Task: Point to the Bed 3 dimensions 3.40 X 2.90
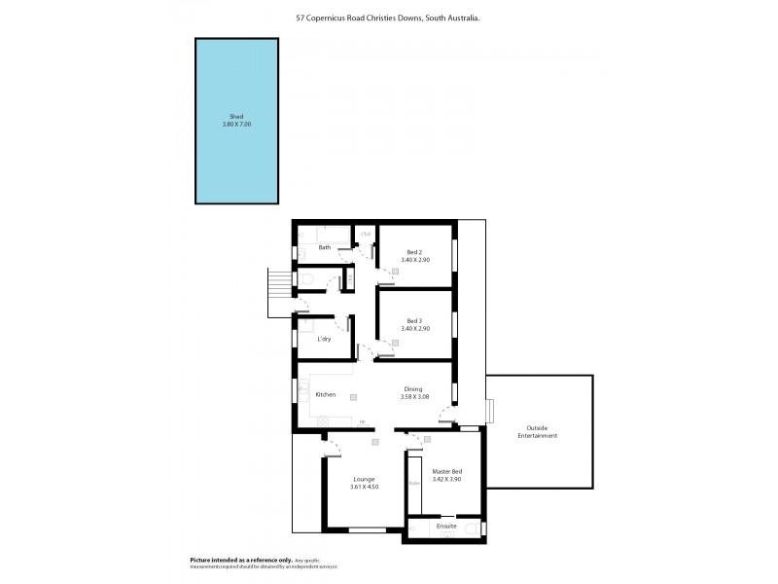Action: pyautogui.click(x=414, y=329)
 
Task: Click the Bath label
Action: pyautogui.click(x=324, y=247)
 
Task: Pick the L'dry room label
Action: pyautogui.click(x=326, y=339)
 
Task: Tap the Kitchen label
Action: pyautogui.click(x=326, y=394)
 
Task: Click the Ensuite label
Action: pyautogui.click(x=446, y=526)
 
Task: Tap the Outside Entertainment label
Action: pyautogui.click(x=542, y=431)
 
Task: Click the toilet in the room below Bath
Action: pyautogui.click(x=305, y=280)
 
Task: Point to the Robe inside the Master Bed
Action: pyautogui.click(x=414, y=482)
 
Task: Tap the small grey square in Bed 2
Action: pyautogui.click(x=395, y=273)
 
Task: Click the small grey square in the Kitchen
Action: pyautogui.click(x=353, y=398)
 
